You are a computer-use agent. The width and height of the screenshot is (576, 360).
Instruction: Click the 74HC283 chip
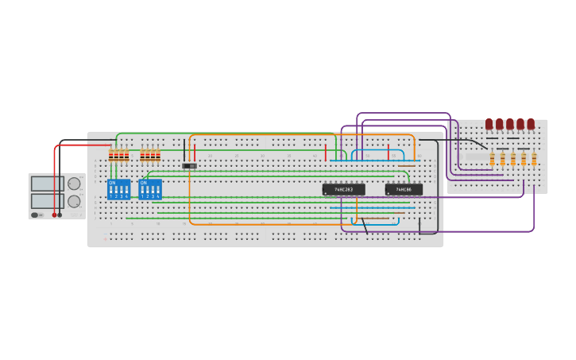343,190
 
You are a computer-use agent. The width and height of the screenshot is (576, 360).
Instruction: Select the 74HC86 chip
404,190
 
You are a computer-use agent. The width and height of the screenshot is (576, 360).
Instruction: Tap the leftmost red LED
490,124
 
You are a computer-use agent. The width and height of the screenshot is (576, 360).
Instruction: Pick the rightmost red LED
531,124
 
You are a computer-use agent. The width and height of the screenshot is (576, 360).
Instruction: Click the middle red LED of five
510,124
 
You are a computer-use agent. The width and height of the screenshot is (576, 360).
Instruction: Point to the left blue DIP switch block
118,189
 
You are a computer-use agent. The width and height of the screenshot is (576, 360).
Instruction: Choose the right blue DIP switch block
149,189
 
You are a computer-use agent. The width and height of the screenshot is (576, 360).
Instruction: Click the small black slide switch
189,166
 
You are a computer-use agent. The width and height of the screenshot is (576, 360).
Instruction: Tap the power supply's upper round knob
74,184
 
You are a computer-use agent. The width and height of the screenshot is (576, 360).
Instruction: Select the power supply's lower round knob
74,201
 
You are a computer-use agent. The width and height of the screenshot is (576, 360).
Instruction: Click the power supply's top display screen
42,184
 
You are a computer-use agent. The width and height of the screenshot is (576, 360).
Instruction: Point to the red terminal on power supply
55,215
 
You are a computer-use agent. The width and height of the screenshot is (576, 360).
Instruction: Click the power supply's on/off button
35,215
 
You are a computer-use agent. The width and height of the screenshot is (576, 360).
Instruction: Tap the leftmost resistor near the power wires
111,155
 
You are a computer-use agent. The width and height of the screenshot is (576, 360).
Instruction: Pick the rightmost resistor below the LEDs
534,160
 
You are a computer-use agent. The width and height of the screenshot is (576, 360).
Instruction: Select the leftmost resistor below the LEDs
493,160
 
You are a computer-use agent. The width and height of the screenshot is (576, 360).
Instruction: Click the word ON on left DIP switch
113,183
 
